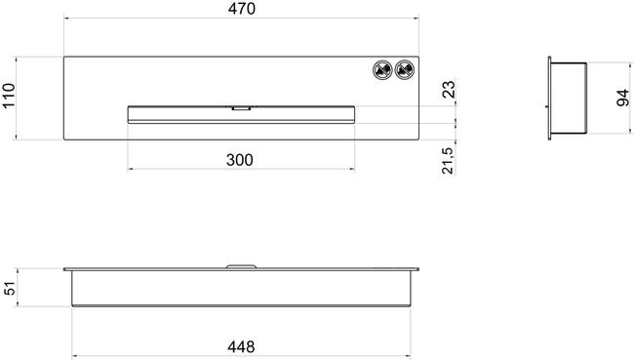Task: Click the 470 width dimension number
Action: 241,9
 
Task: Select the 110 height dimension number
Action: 9,96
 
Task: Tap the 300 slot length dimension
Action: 240,160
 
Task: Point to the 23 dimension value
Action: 449,90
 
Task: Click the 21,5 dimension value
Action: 448,161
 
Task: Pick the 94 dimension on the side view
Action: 623,98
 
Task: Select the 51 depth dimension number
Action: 10,288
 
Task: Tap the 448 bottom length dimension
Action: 241,346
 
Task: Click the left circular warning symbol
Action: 382,70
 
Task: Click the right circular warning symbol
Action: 405,70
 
